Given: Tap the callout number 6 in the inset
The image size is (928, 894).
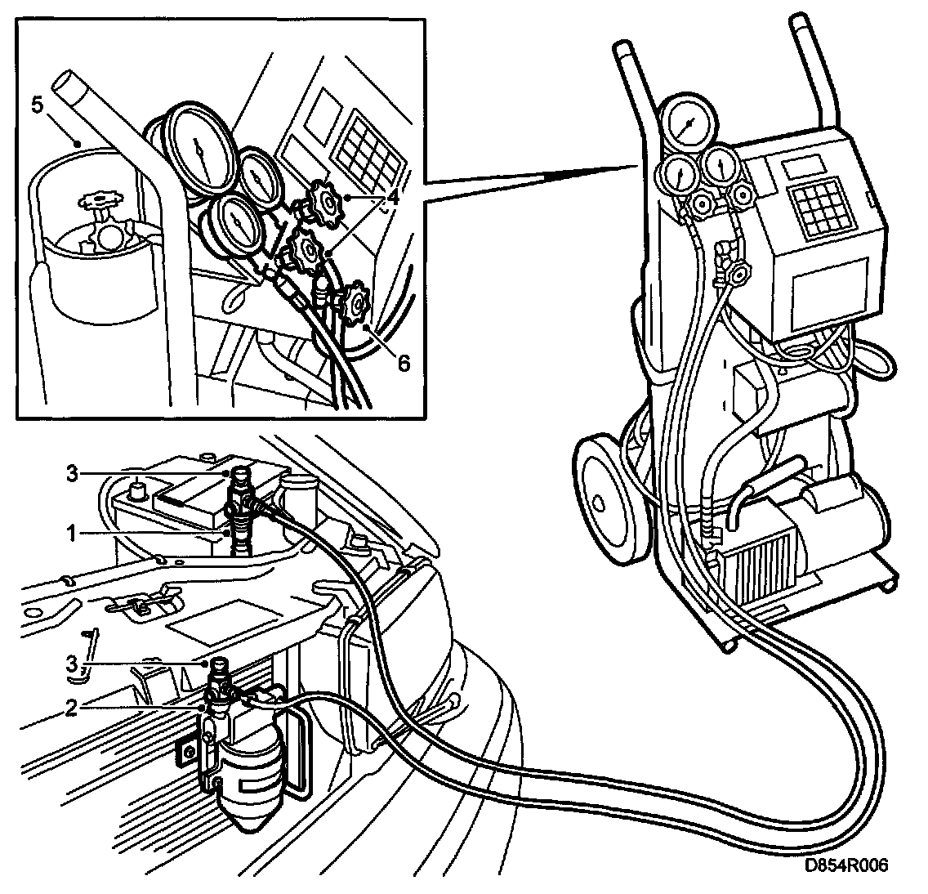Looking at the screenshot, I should click(x=404, y=362).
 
